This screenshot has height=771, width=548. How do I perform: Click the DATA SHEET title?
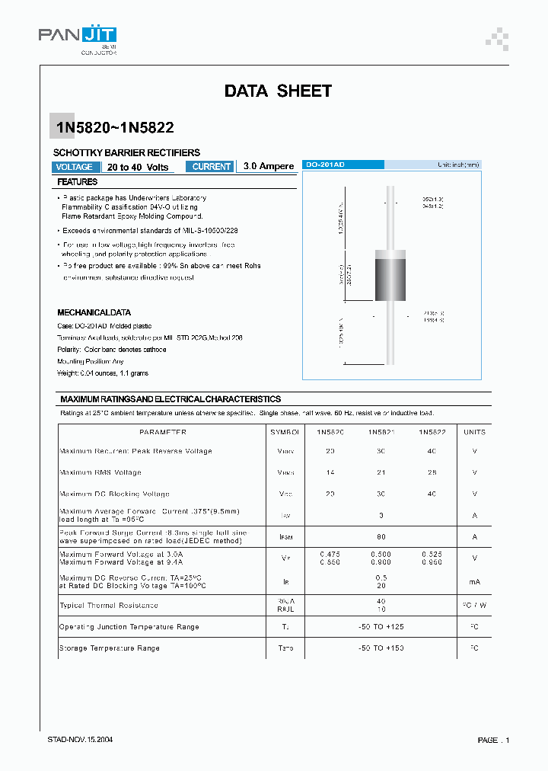pos(278,91)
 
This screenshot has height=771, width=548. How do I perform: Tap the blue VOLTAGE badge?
pos(75,167)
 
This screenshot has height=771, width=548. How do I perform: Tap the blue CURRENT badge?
pos(211,167)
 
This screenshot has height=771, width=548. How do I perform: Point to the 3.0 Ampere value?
pos(268,167)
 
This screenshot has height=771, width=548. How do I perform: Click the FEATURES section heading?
pos(77,183)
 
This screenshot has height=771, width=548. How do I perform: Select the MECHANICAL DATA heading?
pos(94,312)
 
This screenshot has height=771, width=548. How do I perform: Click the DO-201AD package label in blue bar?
pos(325,165)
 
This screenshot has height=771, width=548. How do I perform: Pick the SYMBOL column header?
pos(285,432)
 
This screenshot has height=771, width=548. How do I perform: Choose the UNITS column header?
pos(474,432)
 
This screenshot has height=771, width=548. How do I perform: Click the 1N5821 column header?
pos(381,432)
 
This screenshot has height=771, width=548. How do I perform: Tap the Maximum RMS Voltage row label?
pos(100,472)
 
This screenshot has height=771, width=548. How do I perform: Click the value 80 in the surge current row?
pos(381,536)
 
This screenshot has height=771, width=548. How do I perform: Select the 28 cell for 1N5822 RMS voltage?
pos(432,472)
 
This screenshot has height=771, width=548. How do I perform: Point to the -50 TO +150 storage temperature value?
pos(381,648)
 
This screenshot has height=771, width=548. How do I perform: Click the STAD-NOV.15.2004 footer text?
pos(81,740)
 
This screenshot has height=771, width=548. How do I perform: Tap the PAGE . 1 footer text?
pos(493,740)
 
